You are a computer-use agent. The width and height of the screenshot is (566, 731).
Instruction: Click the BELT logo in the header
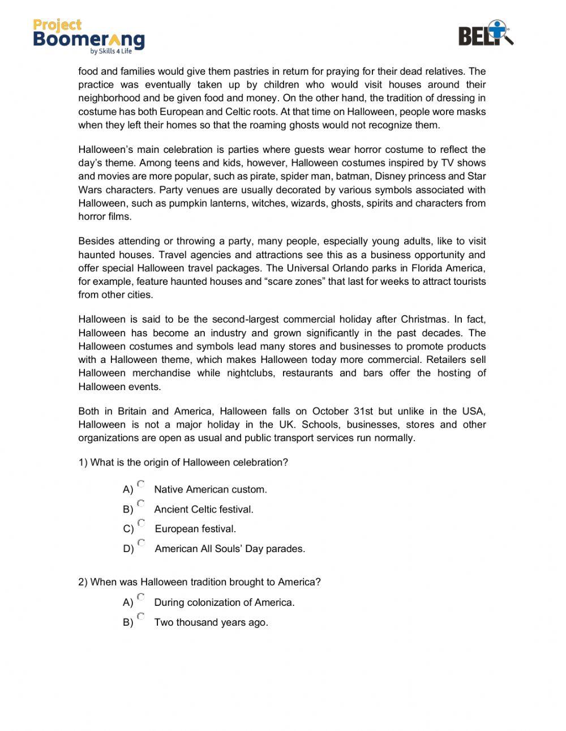pos(485,33)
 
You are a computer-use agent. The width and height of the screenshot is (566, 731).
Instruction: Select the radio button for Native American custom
pos(141,484)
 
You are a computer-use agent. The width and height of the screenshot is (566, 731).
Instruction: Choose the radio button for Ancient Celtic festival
pos(141,503)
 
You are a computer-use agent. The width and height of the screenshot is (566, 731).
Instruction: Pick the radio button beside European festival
pos(141,523)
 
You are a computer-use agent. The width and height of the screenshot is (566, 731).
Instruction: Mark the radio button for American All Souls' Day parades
pos(141,543)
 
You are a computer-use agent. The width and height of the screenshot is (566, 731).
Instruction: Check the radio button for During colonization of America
pos(141,597)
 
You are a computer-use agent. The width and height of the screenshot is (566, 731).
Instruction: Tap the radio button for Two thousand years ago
pos(141,617)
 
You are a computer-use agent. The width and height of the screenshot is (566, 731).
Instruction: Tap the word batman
pos(354,176)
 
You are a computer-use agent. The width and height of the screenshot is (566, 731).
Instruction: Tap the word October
pos(331,411)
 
